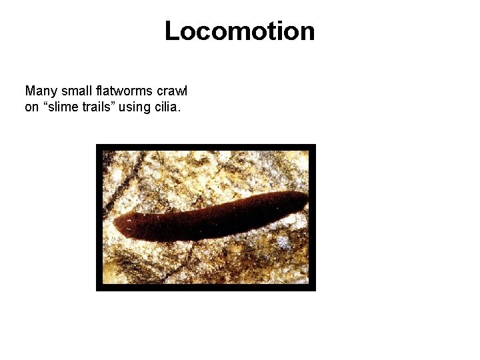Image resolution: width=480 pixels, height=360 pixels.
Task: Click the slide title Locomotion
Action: (x=239, y=31)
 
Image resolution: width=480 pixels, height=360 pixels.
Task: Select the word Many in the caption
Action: (x=39, y=90)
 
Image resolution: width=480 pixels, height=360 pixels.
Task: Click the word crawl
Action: (x=172, y=90)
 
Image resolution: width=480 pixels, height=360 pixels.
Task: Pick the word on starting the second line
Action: (x=31, y=106)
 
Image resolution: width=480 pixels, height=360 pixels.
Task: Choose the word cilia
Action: (x=167, y=106)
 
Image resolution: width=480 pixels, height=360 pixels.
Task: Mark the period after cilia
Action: (x=179, y=110)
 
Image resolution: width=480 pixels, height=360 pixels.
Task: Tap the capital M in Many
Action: (x=29, y=90)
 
